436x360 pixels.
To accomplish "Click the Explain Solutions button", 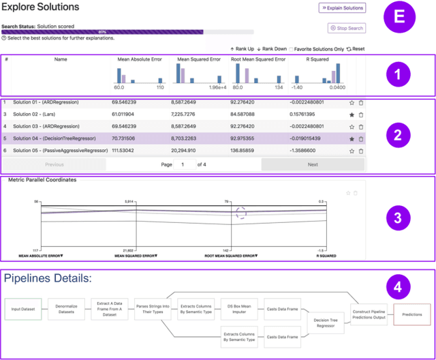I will [342, 8].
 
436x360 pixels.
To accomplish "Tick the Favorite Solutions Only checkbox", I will [292, 49].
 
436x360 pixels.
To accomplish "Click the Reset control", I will [356, 49].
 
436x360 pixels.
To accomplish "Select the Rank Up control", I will [242, 49].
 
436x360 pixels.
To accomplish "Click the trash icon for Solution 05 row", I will [361, 151].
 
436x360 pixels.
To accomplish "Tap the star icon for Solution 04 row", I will [352, 138].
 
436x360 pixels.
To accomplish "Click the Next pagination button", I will [313, 164].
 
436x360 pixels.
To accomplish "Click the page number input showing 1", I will [184, 164].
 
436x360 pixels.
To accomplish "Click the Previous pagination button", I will [54, 164].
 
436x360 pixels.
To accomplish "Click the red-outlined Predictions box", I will [411, 314].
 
